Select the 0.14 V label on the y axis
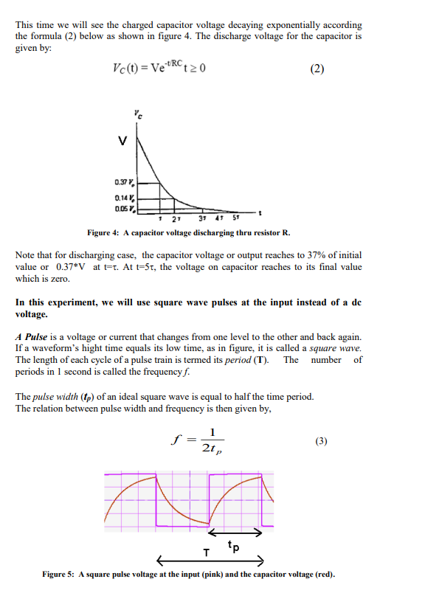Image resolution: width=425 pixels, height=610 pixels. click(x=125, y=196)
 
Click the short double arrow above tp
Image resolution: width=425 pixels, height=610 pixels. click(x=236, y=532)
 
